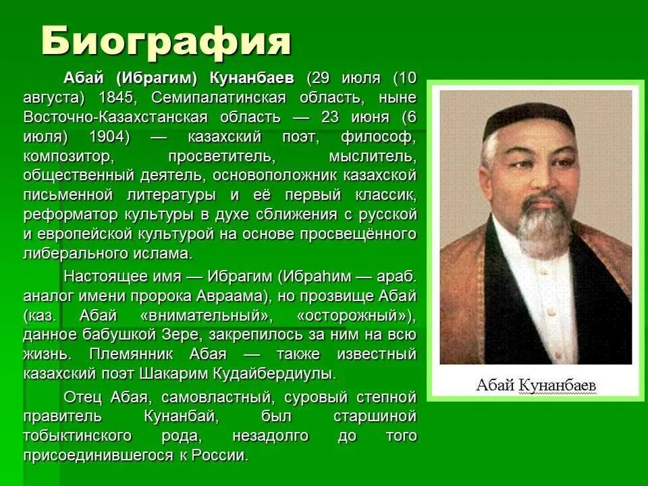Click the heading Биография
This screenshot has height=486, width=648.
166,42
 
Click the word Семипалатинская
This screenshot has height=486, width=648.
212,97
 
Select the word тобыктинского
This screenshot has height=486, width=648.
81,435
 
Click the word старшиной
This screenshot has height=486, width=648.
375,416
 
